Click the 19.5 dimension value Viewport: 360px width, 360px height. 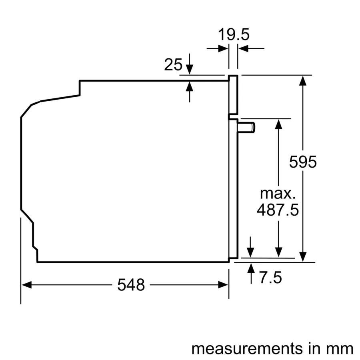234,35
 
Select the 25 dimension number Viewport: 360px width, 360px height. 173,64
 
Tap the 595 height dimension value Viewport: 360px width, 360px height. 303,162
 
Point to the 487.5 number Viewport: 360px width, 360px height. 278,210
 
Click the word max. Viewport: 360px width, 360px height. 278,194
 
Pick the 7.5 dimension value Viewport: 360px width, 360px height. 270,278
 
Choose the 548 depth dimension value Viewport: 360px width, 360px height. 131,285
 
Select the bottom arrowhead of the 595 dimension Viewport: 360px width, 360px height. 303,257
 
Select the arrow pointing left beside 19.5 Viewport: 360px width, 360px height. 243,49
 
